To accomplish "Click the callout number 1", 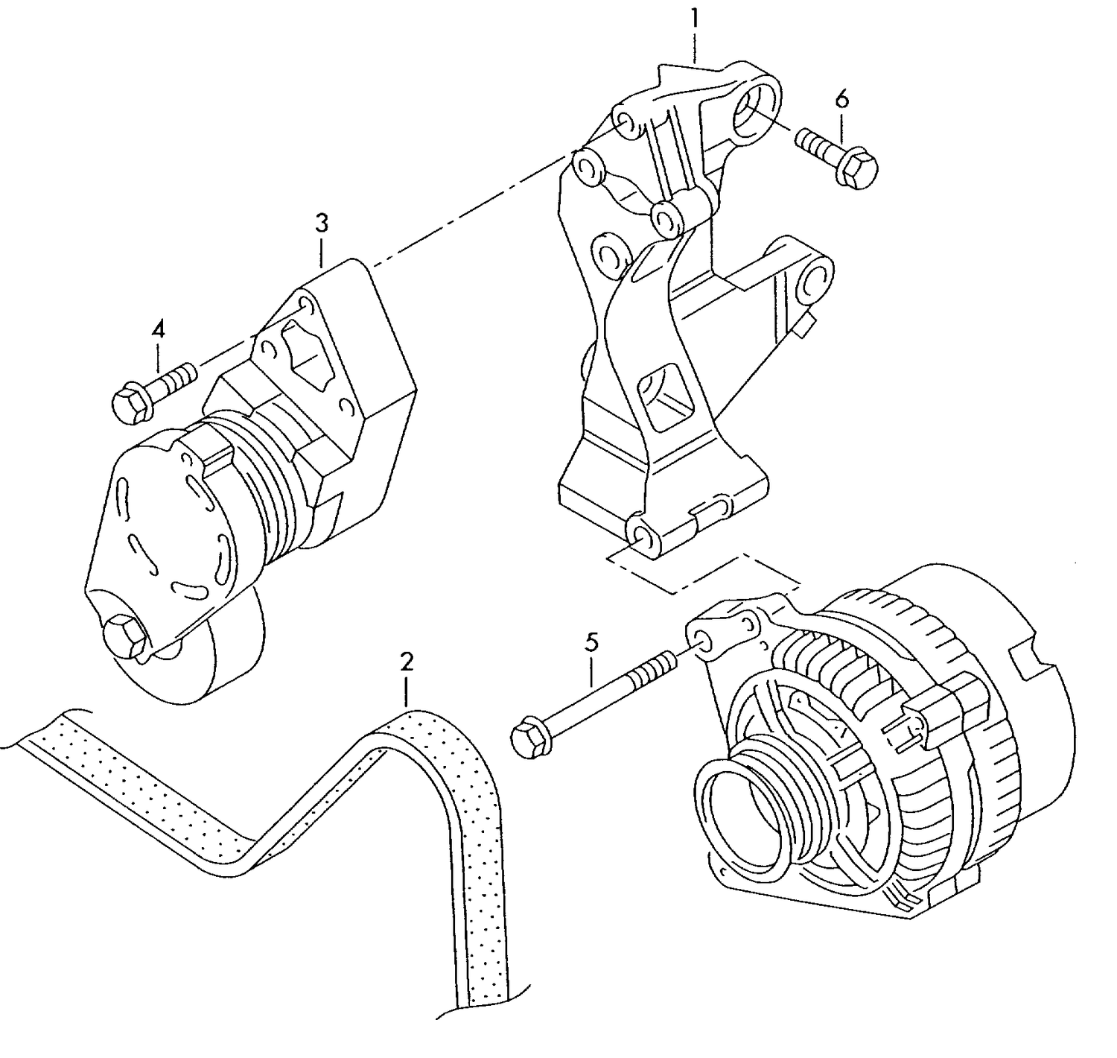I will click(x=694, y=19).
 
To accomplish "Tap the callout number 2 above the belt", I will click(x=406, y=661).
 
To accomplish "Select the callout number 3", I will click(x=321, y=223).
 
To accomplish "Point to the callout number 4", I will click(x=158, y=329).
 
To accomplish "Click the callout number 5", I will click(x=591, y=642).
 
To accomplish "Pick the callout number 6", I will click(x=841, y=99).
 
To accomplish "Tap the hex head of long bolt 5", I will click(x=527, y=737).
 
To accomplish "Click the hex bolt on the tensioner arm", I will click(x=123, y=636).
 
